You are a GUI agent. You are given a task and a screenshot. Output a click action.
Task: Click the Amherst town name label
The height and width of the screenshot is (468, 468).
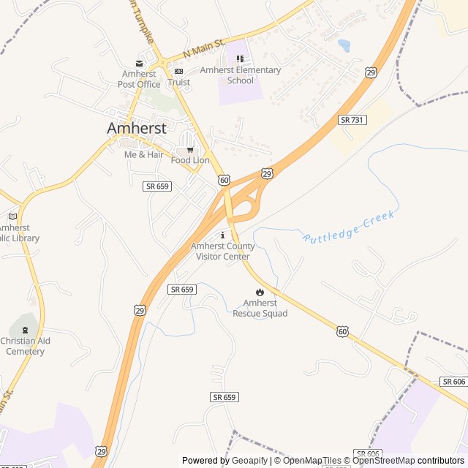pos(137,128)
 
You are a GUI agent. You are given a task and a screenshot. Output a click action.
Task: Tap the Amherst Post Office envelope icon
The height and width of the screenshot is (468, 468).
pos(139,64)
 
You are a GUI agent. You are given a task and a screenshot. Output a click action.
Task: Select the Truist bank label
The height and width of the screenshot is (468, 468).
pos(178,82)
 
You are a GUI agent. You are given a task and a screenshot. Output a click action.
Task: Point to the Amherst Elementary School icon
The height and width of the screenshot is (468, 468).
pos(240,59)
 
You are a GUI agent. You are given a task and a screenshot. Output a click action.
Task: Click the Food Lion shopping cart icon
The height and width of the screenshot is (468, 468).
pos(190,151)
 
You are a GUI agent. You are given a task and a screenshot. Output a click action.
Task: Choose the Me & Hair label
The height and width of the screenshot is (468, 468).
pos(144,154)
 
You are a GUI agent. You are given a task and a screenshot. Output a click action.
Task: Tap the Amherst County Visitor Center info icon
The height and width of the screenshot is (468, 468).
pos(223,235)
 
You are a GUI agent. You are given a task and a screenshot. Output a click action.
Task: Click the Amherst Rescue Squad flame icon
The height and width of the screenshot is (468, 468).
pos(260,292)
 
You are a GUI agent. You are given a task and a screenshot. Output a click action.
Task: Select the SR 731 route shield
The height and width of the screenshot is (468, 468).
pos(352,119)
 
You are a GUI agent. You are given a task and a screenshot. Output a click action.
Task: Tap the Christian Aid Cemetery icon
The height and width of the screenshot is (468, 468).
pos(26,331)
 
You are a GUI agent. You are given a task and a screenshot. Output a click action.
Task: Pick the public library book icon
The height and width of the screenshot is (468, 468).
pos(12,216)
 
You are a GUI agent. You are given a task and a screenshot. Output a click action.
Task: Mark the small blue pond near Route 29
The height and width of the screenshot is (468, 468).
pos(344,45)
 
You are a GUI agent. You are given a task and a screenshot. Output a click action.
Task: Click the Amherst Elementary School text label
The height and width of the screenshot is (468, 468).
pos(241,75)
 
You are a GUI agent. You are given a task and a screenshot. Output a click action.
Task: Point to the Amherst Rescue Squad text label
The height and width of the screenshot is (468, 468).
pos(260,308)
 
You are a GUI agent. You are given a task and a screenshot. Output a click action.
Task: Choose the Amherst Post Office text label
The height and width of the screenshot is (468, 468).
pos(139,79)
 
